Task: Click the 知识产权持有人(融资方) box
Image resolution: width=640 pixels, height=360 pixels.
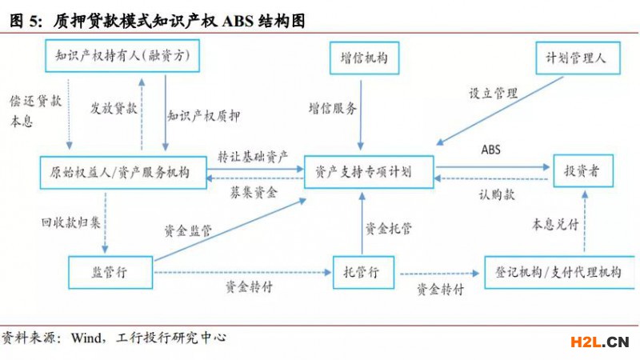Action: (121, 56)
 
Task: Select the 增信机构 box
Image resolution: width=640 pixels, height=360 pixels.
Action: (358, 57)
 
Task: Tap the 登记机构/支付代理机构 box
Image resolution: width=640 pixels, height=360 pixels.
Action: (554, 272)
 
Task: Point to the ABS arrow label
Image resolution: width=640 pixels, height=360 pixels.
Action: (490, 150)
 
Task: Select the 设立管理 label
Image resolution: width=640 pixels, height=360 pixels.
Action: (493, 93)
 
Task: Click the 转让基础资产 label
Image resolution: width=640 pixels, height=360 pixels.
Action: (254, 155)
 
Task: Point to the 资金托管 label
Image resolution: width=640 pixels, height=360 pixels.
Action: (389, 228)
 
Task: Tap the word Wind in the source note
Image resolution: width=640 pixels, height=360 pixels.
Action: (87, 338)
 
